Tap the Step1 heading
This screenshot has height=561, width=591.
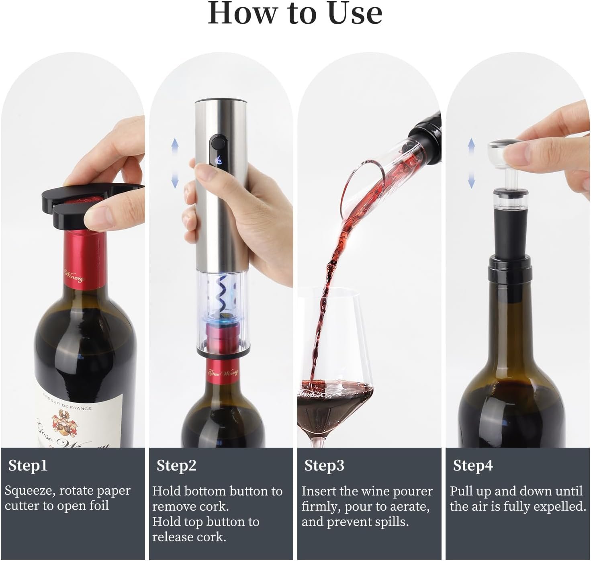[x=28, y=466]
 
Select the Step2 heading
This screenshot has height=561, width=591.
[x=176, y=466]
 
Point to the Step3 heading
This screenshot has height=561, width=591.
[x=324, y=466]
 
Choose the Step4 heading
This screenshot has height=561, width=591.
[x=473, y=466]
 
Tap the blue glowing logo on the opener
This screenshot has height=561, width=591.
[x=219, y=161]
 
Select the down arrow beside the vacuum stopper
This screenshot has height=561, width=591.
[x=471, y=180]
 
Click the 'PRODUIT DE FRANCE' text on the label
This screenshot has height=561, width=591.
[x=67, y=402]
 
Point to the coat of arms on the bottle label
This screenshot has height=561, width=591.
[x=65, y=425]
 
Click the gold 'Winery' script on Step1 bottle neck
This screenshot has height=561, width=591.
[x=74, y=276]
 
